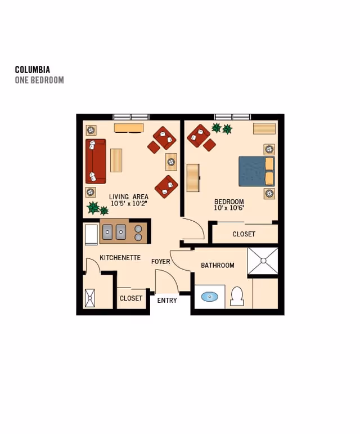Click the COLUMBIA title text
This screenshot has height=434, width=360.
(x=33, y=69)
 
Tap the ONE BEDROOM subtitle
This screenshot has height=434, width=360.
(x=39, y=80)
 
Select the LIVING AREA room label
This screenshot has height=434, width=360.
(x=129, y=197)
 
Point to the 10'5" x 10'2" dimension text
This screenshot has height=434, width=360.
(x=129, y=203)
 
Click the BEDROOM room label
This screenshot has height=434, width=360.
(x=229, y=202)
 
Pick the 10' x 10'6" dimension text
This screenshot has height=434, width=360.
(x=229, y=208)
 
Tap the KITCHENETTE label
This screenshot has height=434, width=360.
(x=120, y=258)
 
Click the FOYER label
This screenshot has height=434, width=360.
(x=161, y=262)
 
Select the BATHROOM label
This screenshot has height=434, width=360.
(x=218, y=266)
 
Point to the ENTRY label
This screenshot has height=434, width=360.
(x=167, y=301)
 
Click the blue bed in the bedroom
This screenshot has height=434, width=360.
(x=256, y=171)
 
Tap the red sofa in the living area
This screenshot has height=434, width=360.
(x=96, y=162)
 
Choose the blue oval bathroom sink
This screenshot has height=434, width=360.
(x=209, y=297)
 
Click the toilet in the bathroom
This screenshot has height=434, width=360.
(x=237, y=296)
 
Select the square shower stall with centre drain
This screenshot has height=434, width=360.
(x=263, y=261)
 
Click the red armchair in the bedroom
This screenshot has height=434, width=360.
(x=199, y=136)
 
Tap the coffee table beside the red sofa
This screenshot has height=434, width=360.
(x=116, y=160)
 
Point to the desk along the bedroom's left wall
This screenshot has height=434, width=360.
(x=193, y=178)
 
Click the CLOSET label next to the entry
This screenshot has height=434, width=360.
(x=131, y=298)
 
